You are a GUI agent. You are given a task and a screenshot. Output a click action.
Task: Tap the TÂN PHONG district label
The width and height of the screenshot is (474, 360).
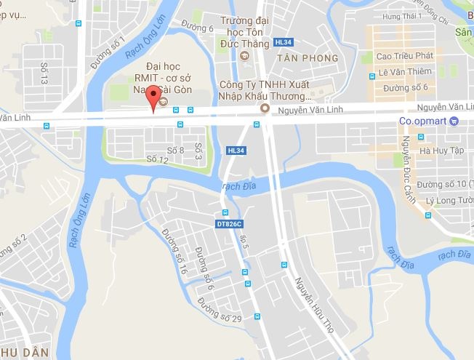pyautogui.click(x=308, y=57)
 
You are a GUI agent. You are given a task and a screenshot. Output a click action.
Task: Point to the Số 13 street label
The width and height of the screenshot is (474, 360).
pyautogui.click(x=44, y=73)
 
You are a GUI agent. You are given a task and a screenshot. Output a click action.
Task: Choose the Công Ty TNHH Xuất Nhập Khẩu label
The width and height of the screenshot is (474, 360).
pyautogui.click(x=266, y=89)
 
